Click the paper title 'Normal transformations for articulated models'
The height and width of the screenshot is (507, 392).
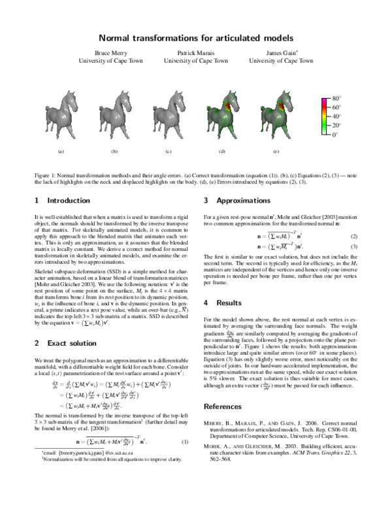point(196,39)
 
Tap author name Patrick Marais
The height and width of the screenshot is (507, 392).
point(195,52)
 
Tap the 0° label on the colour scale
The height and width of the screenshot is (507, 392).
point(335,135)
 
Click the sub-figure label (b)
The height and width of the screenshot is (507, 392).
point(115,152)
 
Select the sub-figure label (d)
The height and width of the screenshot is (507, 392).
point(222,152)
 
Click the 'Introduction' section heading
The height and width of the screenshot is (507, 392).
point(62,200)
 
